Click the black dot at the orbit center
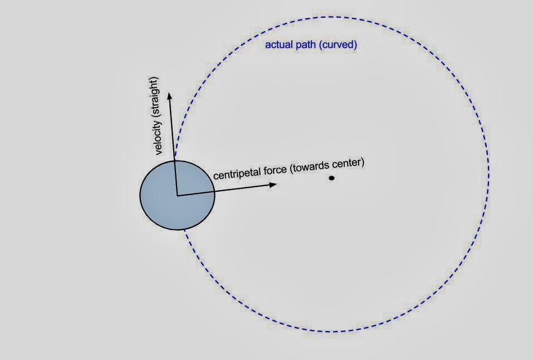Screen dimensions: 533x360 (x=331, y=178)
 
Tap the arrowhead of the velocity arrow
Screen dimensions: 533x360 (x=169, y=95)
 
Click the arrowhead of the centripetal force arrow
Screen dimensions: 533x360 (x=273, y=184)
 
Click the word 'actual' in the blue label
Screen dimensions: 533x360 (x=277, y=45)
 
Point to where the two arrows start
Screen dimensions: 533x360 (x=177, y=195)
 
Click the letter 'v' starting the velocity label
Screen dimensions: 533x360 (x=159, y=152)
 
